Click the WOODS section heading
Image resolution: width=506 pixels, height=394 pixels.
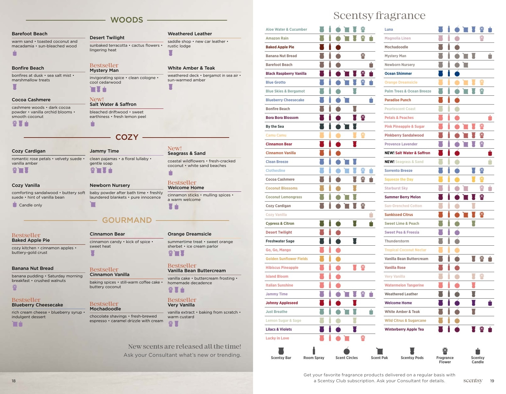point(127,20)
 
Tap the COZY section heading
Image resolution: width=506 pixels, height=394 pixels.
point(127,137)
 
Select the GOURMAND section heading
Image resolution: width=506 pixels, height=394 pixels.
point(127,220)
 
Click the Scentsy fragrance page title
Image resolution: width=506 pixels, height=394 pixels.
point(379,16)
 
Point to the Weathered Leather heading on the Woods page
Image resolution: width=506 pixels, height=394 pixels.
point(190,34)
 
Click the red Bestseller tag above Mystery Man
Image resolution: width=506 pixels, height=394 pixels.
point(104,65)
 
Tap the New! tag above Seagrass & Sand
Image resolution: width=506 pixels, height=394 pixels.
point(175,148)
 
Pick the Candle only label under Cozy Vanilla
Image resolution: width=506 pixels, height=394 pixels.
point(30,205)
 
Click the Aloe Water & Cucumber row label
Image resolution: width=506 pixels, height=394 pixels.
point(286,29)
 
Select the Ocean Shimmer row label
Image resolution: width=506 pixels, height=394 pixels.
point(398,74)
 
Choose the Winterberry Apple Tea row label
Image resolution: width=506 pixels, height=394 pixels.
point(404,329)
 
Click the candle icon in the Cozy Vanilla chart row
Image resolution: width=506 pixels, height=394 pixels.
point(371,215)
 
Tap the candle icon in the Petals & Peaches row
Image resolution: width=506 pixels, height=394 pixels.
point(490,118)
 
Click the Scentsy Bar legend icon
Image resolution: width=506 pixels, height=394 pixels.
point(281,351)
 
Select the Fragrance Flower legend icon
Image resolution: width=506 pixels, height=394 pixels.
point(445,351)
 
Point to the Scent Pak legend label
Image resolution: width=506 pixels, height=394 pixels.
point(379,358)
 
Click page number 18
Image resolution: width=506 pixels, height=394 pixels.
point(14,381)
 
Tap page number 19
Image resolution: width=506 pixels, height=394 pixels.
point(492,381)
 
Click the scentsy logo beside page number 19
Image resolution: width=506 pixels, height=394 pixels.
point(473,381)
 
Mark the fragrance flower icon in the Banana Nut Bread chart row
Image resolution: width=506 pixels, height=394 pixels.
point(363,56)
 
